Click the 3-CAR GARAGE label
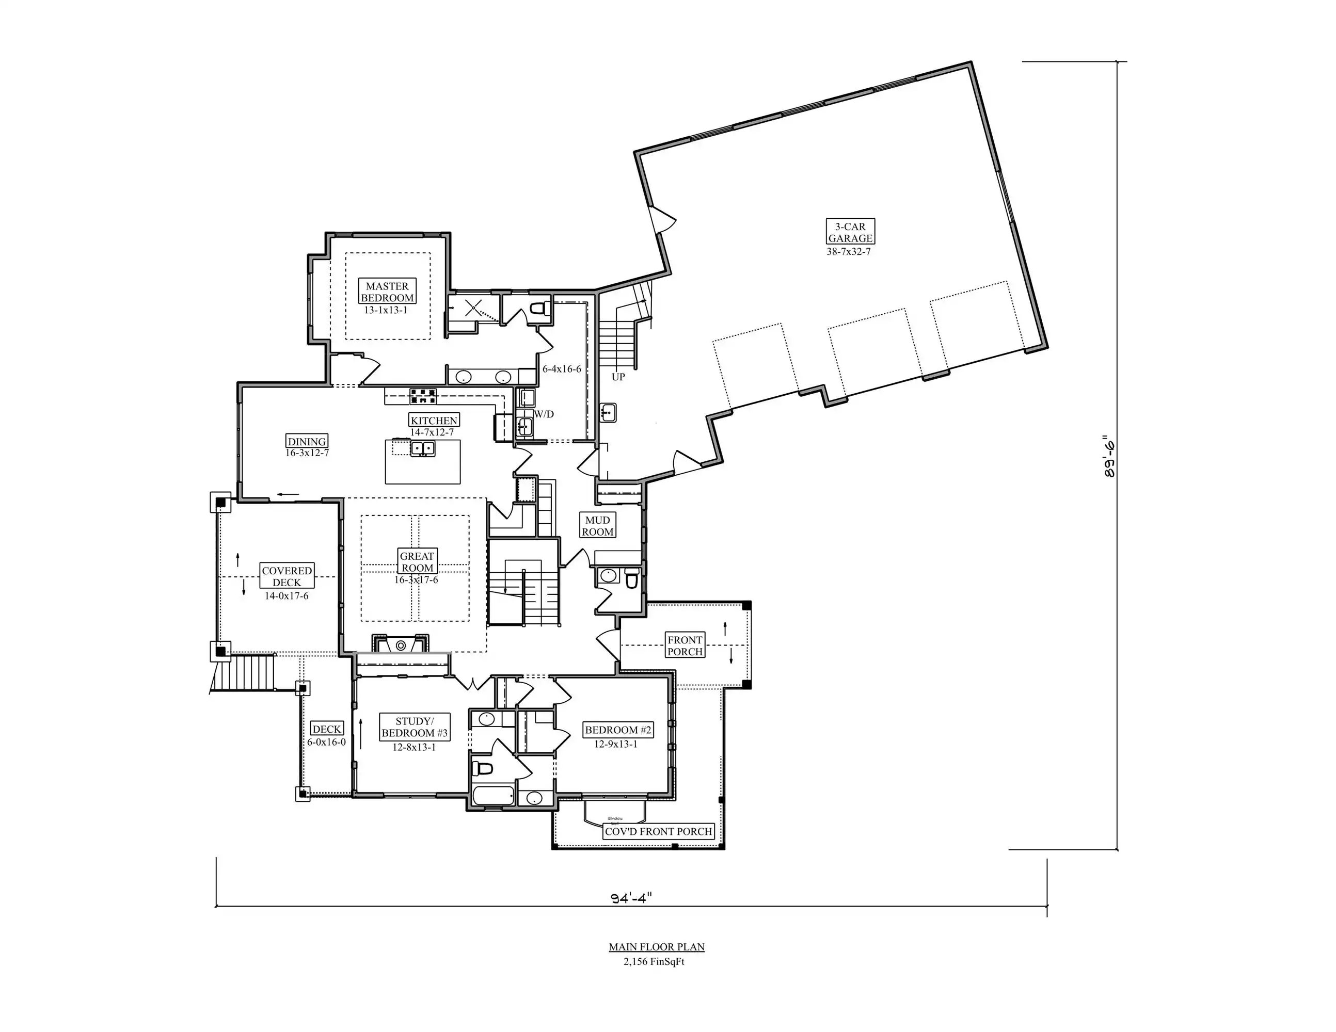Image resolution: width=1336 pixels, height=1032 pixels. pos(850,232)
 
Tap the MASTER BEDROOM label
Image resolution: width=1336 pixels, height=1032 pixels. pos(387,292)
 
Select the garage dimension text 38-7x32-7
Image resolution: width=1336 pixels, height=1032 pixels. pos(849,251)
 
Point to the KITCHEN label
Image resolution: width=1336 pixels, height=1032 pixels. pos(434,420)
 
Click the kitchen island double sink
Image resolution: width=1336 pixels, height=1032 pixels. pos(423,449)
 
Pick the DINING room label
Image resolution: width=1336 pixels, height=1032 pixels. pos(307,441)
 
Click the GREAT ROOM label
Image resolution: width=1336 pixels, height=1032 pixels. pos(417,562)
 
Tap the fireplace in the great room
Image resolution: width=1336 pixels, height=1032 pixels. pos(401,645)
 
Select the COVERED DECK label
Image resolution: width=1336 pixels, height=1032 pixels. pos(287,576)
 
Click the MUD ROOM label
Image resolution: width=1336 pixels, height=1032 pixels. pos(598,526)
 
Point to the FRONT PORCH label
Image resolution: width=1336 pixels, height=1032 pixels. pos(685,646)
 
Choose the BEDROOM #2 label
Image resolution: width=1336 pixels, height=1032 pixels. pos(618,730)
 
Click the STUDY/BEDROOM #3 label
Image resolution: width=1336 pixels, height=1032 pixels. pos(414,727)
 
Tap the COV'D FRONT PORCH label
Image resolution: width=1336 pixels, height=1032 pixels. pos(658,831)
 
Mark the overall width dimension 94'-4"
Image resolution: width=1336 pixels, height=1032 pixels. pos(631,898)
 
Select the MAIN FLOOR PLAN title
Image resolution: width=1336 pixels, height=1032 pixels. pos(656,947)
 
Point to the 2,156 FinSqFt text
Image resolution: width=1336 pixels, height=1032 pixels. pos(654,962)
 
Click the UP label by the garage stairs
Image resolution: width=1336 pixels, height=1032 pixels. pos(618,377)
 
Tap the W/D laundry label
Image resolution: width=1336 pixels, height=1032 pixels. pos(544,414)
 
